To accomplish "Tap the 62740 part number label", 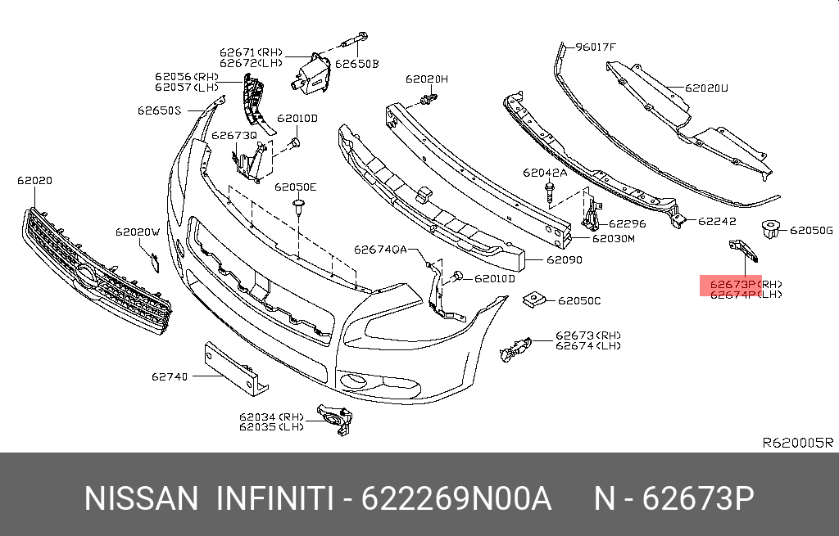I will coord(169,377).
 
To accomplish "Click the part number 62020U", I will coord(707,87).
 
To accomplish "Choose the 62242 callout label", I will coord(717,221).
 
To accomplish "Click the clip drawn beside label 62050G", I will coord(769,230).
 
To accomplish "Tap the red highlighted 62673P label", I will coord(730,285).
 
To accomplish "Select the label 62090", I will coord(565,260).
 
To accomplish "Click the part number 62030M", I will coord(614,239).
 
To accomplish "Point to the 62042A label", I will coord(545,173).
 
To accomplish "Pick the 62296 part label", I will coord(627,223).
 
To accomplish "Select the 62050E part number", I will coord(295,187).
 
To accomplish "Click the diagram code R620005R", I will coord(797,443).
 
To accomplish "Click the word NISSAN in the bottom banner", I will coord(142,498).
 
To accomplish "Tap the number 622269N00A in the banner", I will coord(456,498).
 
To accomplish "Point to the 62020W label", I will coord(137,232).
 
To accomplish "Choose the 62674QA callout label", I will coord(380,250).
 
